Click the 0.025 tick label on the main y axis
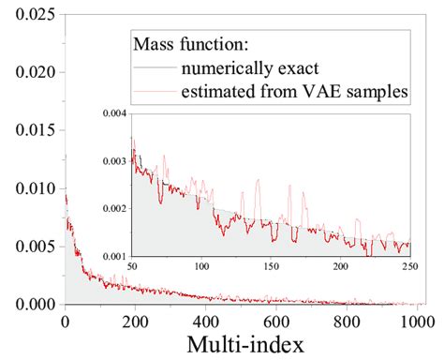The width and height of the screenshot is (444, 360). click(28, 15)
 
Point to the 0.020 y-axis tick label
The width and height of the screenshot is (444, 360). click(28, 72)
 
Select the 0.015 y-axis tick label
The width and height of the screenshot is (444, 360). click(28, 130)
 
